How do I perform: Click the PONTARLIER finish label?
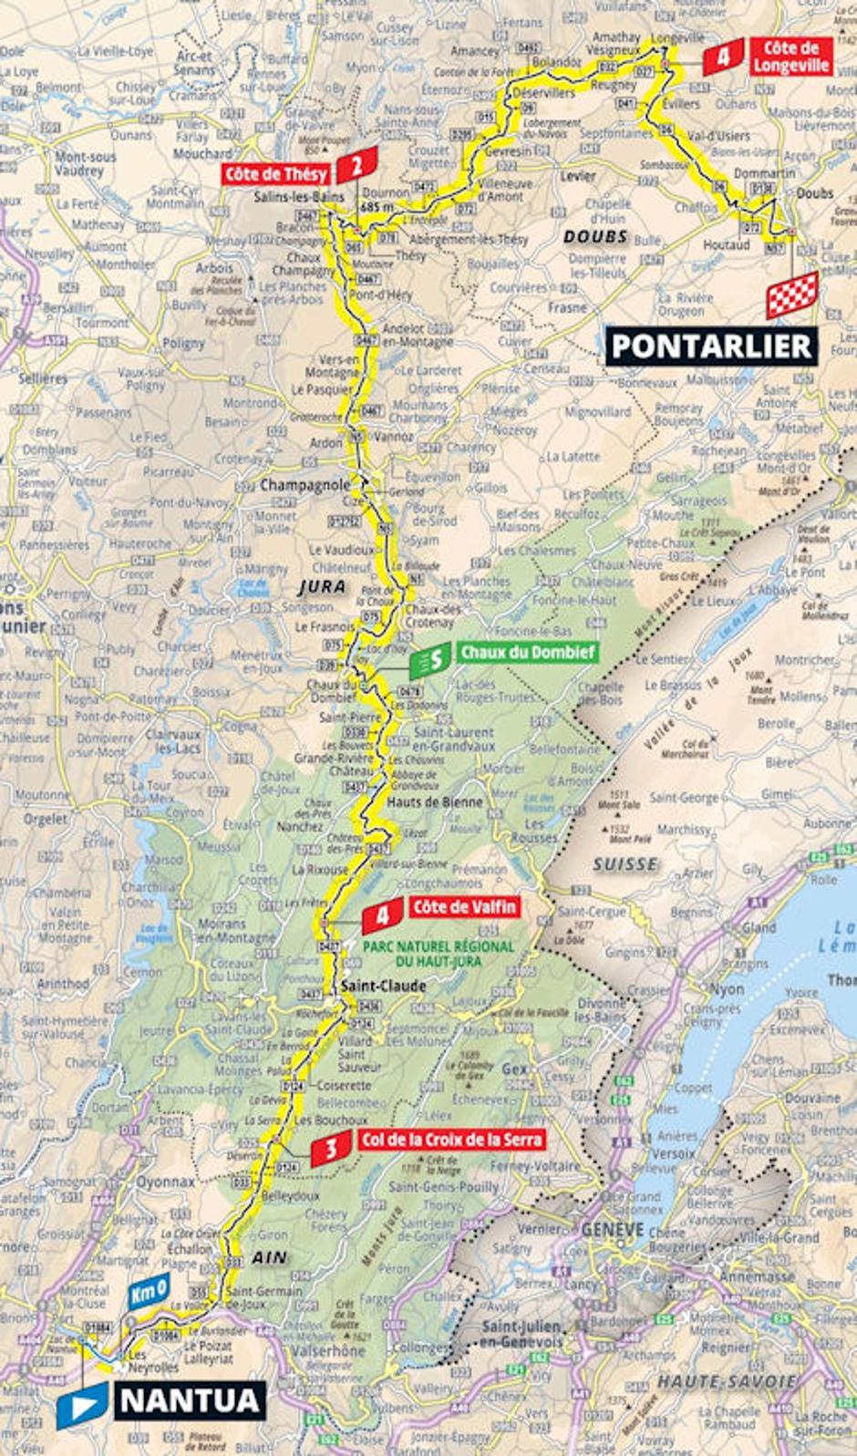point(710,346)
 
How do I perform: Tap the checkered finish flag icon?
point(791,294)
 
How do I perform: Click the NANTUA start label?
point(190,1400)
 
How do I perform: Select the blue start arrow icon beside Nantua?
point(82,1405)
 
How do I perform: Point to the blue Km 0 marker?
point(148,1291)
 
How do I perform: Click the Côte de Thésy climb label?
point(277,173)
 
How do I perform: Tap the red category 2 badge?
point(357,165)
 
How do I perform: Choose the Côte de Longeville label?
point(790,57)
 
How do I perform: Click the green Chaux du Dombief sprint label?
point(527,652)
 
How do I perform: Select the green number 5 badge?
point(428,660)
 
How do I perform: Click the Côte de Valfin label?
point(464,907)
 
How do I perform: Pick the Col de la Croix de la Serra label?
point(450,1140)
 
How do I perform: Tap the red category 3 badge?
point(331,1150)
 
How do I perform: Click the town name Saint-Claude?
point(383,986)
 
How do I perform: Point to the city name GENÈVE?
point(613,1229)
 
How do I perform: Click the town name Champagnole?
point(305,486)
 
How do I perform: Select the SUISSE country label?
point(625,863)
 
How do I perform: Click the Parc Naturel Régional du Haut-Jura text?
point(439,954)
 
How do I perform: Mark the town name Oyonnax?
point(166,1182)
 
